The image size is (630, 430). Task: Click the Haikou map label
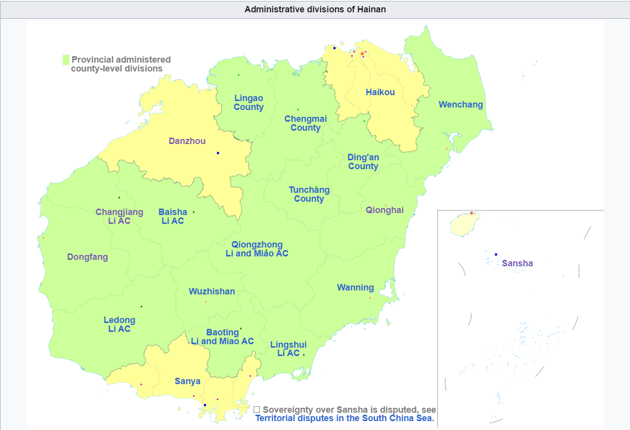(x=380, y=92)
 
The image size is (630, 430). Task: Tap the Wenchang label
(x=461, y=105)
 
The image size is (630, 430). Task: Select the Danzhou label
(x=187, y=141)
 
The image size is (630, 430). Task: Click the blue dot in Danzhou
(x=218, y=153)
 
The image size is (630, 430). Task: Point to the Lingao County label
(x=248, y=103)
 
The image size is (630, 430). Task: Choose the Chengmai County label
(x=305, y=123)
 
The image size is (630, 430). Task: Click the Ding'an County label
(x=363, y=162)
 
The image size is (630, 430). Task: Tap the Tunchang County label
(x=309, y=194)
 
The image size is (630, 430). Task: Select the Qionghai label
(x=384, y=210)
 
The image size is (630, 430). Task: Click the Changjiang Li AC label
(x=119, y=216)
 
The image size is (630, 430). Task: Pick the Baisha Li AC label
(x=172, y=216)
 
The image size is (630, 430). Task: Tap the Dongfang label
(x=87, y=257)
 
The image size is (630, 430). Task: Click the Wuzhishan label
(x=212, y=291)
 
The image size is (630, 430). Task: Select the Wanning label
(x=355, y=287)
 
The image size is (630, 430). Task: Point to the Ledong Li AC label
(x=119, y=324)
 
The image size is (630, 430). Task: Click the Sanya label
(x=187, y=381)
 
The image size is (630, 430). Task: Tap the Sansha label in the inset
(x=517, y=263)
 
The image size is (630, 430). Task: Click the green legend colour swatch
(x=66, y=60)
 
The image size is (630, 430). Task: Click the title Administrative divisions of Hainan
(x=315, y=9)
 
